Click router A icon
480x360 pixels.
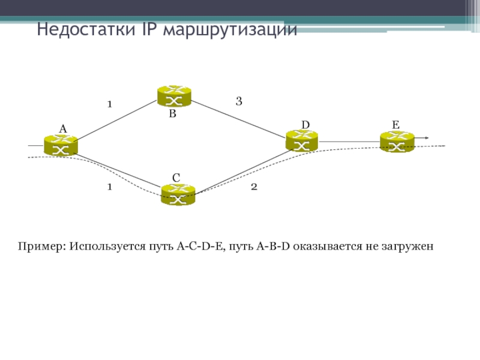coord(61,145)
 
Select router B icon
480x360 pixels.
coord(174,96)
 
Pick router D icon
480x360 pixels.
coord(302,141)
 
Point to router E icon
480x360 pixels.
coord(397,142)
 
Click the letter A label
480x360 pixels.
coord(62,129)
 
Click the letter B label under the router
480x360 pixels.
coord(172,113)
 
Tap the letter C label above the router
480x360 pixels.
coord(176,178)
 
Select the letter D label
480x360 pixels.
coord(305,124)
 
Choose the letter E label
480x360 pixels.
coord(395,124)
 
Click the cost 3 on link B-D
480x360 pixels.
coord(239,102)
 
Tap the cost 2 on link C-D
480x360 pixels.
coord(254,187)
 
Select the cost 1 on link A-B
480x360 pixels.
coord(109,104)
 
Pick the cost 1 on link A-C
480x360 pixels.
coord(109,187)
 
